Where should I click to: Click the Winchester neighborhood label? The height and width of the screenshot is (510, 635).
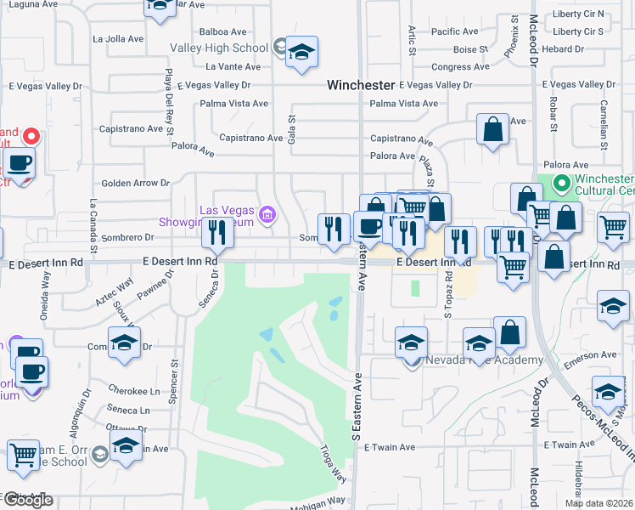coord(361,85)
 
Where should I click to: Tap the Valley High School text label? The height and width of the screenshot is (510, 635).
coord(219,48)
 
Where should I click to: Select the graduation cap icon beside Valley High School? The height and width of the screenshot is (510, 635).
coord(301,53)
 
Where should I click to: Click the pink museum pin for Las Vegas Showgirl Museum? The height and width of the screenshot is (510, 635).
coord(268,213)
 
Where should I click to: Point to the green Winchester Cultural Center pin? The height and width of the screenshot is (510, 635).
coord(560,183)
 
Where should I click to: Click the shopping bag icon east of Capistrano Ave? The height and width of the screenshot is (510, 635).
coord(492,131)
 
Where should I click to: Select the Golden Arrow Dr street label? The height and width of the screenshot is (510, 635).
coord(136,183)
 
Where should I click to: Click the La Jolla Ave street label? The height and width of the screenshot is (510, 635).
coord(119,39)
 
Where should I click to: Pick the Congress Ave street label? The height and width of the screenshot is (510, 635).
coord(460,67)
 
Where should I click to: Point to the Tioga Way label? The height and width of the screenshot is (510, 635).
coord(334,463)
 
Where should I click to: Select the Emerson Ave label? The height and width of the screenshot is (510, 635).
coord(596,354)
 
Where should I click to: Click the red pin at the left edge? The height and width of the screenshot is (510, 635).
coord(31,136)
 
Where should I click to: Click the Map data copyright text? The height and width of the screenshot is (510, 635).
coord(598,503)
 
